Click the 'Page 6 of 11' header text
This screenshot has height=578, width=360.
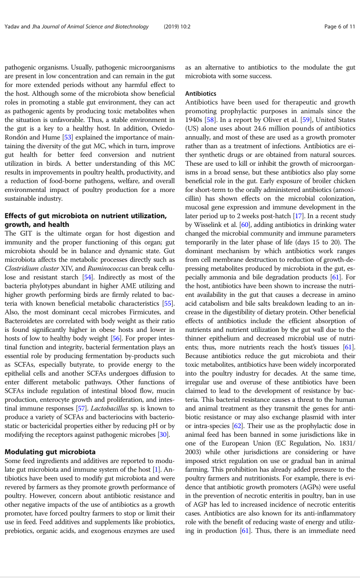(x=339, y=27)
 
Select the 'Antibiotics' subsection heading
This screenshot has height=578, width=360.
(x=201, y=94)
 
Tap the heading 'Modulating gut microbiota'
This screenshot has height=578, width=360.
(x=50, y=452)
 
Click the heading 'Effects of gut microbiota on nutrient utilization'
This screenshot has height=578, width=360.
(x=85, y=216)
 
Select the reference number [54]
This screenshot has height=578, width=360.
(x=89, y=277)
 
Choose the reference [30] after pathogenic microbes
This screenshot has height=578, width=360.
(x=163, y=435)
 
